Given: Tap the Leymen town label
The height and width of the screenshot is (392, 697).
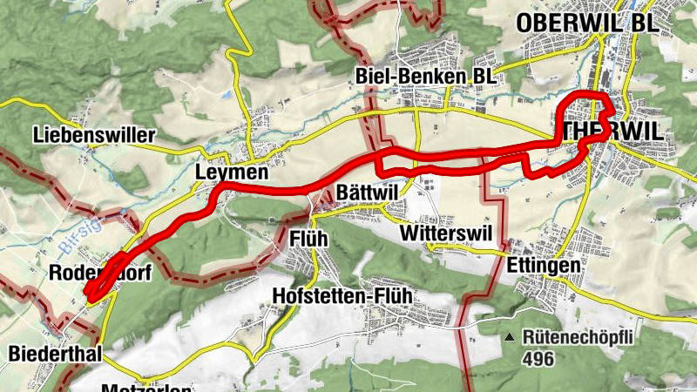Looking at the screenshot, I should pyautogui.click(x=231, y=172).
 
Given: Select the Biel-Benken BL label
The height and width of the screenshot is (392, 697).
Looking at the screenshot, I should pyautogui.click(x=426, y=77).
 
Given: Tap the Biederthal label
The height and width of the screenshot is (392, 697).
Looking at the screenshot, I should pyautogui.click(x=55, y=353).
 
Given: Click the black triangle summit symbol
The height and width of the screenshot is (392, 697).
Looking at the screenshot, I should pyautogui.click(x=510, y=335).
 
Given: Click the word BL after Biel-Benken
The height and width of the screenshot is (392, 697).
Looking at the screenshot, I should pyautogui.click(x=484, y=77).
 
